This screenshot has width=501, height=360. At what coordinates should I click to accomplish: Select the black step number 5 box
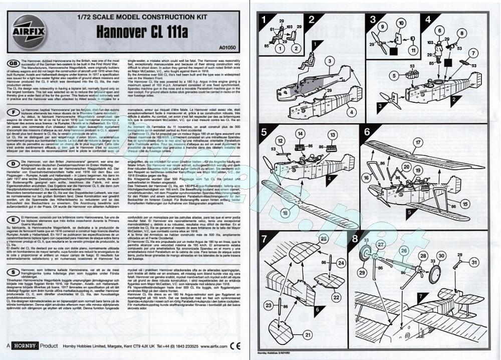[x=266, y=132]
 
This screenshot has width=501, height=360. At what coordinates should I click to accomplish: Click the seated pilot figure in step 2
[x=307, y=64]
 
